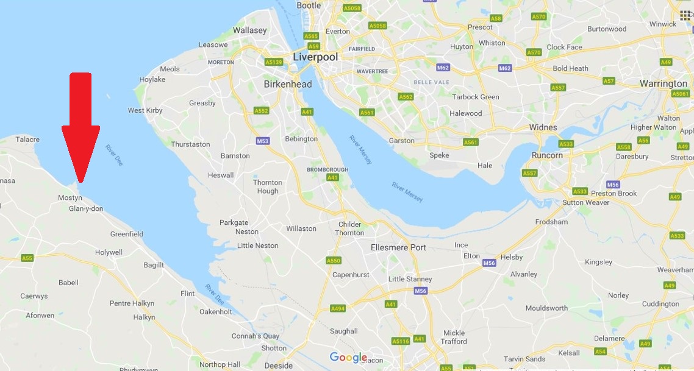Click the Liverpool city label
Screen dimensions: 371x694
[315, 57]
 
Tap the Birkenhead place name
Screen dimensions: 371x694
[288, 84]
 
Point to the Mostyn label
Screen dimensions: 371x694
[70, 198]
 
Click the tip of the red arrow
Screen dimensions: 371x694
[80, 181]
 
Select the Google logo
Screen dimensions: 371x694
[348, 358]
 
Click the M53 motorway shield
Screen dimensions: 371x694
[262, 141]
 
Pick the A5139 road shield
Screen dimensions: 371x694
[274, 62]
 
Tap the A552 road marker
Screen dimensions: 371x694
[262, 111]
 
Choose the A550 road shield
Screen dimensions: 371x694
[333, 261]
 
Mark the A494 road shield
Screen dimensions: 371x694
[337, 309]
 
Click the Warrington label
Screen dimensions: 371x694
[664, 83]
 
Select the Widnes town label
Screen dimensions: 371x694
[543, 127]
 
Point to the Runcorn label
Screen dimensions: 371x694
[547, 155]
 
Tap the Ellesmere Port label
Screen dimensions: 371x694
[398, 247]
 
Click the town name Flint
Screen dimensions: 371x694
[188, 294]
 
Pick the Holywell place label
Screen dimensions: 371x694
[109, 252]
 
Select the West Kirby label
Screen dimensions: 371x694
[145, 110]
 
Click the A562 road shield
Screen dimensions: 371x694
[406, 97]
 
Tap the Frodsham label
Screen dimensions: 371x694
[551, 222]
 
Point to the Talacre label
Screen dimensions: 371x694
[27, 140]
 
